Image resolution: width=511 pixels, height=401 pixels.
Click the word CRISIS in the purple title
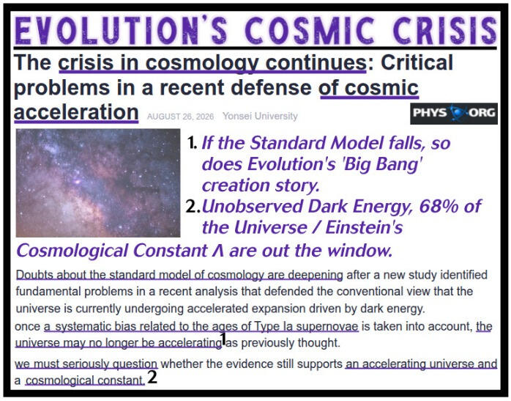click(x=445, y=30)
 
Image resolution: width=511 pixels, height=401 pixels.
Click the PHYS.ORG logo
click(x=454, y=113)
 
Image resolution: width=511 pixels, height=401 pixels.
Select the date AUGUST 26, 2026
click(x=180, y=117)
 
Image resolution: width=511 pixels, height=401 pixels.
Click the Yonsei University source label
click(x=260, y=116)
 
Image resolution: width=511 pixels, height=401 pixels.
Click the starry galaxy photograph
click(x=98, y=183)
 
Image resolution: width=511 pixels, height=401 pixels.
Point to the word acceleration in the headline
click(x=76, y=112)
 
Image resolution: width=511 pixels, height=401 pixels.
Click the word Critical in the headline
click(x=417, y=62)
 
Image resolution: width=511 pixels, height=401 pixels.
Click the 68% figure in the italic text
click(x=439, y=206)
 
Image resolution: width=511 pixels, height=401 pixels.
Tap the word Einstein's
click(x=364, y=227)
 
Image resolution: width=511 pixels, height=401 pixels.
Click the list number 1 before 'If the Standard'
click(x=193, y=143)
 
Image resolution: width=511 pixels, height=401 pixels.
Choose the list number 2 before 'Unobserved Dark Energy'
click(x=193, y=207)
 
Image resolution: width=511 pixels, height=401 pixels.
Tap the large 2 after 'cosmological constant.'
click(x=152, y=378)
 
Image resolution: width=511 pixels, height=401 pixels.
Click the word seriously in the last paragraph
click(x=86, y=364)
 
